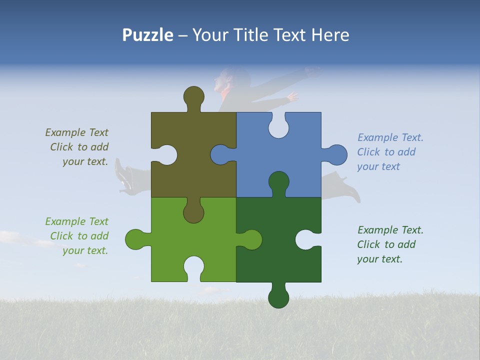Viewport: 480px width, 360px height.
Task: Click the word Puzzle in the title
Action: tap(148, 35)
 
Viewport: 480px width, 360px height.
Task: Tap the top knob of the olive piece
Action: tap(193, 96)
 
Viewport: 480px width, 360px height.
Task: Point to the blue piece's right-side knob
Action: tap(336, 154)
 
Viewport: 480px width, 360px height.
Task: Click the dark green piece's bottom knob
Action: tap(278, 297)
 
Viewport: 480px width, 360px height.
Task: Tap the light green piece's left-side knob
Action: tap(135, 239)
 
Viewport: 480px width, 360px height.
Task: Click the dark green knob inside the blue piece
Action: tap(278, 182)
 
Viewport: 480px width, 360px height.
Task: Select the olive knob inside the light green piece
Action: tap(193, 212)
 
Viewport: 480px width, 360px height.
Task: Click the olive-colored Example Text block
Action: tap(77, 147)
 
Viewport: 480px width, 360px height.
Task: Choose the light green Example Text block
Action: tap(77, 236)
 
